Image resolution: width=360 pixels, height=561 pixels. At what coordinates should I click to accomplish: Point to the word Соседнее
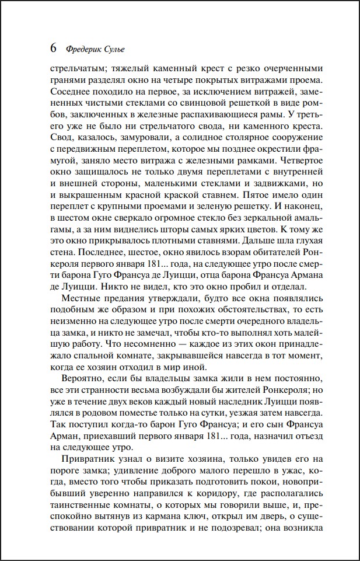pyautogui.click(x=72, y=92)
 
